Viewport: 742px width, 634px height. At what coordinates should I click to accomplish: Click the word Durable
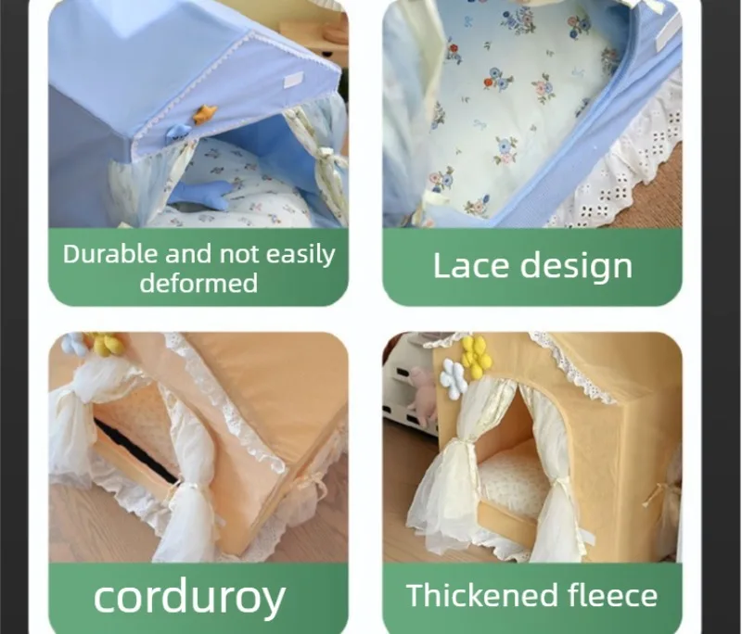click(x=110, y=254)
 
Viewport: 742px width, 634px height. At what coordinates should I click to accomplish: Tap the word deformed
click(x=198, y=283)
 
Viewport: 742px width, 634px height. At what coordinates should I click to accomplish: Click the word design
click(x=576, y=267)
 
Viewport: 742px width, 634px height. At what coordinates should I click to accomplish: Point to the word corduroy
click(x=189, y=598)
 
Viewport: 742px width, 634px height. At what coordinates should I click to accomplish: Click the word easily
click(x=301, y=255)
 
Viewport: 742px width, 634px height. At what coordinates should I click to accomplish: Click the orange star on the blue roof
click(x=205, y=114)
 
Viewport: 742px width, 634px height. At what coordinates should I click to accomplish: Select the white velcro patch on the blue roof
click(x=294, y=80)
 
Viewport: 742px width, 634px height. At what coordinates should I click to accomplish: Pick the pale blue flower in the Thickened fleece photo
click(x=454, y=379)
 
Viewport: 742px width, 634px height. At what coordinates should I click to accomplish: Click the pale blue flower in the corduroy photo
click(x=74, y=344)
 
